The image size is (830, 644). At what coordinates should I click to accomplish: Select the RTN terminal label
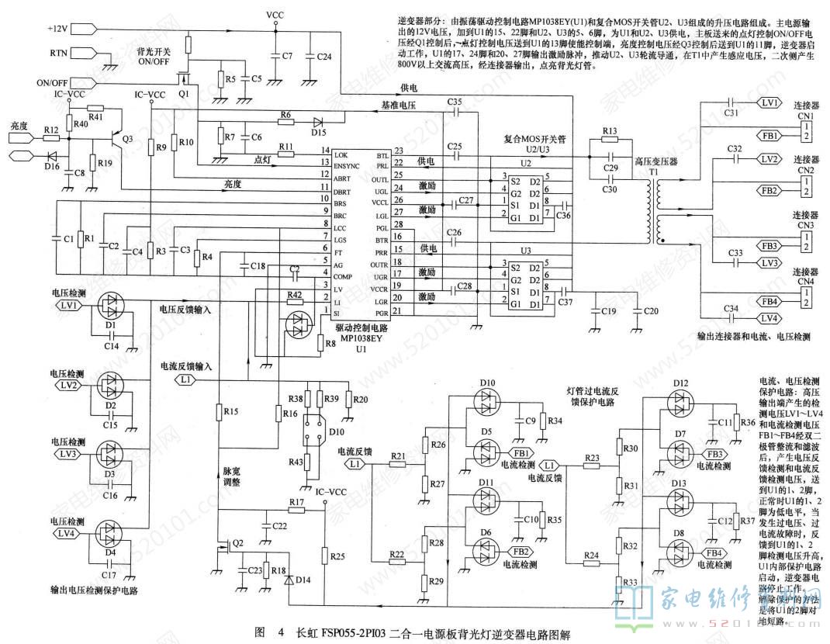pos(59,53)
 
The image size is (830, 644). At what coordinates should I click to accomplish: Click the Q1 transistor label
pos(183,93)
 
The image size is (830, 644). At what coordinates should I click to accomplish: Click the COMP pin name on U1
pos(342,276)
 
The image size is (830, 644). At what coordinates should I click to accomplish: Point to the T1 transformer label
pos(654,171)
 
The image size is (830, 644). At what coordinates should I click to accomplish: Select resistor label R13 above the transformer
pos(609,130)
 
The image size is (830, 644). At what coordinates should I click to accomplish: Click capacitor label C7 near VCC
pos(287,56)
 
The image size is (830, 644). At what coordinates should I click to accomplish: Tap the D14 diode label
pos(303,580)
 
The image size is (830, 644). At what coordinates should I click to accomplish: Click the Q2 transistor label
pos(238,542)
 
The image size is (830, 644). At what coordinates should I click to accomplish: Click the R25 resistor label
pos(336,556)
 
